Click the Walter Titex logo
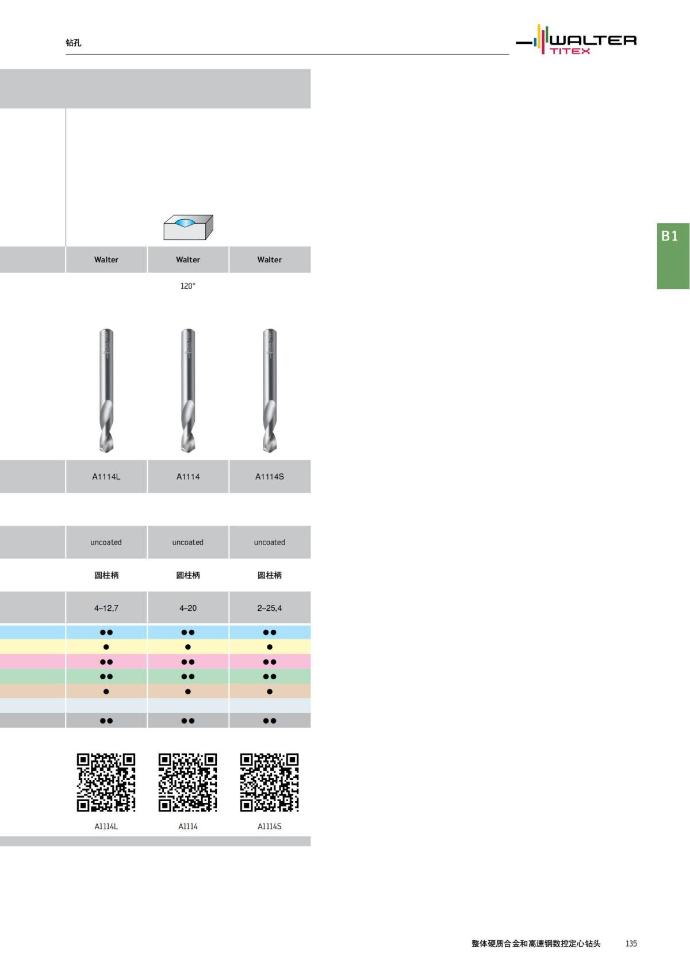pyautogui.click(x=576, y=40)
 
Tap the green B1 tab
pyautogui.click(x=672, y=255)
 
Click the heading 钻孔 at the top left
pyautogui.click(x=73, y=43)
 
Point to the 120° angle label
pyautogui.click(x=188, y=286)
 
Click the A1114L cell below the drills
pyautogui.click(x=106, y=476)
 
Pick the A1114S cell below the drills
pyautogui.click(x=270, y=476)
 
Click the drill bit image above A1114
pyautogui.click(x=188, y=391)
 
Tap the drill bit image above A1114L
pyautogui.click(x=106, y=391)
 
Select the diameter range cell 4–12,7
pyautogui.click(x=106, y=608)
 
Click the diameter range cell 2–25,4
pyautogui.click(x=270, y=608)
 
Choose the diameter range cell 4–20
pyautogui.click(x=188, y=608)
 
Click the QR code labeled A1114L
pyautogui.click(x=106, y=782)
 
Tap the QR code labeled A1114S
pyautogui.click(x=270, y=782)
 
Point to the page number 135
pyautogui.click(x=631, y=943)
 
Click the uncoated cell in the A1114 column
pyautogui.click(x=188, y=542)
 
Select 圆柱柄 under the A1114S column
pyautogui.click(x=270, y=575)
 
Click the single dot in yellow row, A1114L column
pyautogui.click(x=106, y=647)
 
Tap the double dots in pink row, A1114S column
pyautogui.click(x=270, y=662)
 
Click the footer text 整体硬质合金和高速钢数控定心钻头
pyautogui.click(x=536, y=943)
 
